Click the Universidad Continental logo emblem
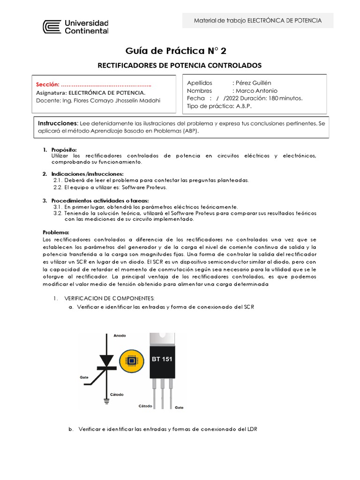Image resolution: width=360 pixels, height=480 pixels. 52,27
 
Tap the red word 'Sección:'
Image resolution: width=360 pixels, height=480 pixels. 48,85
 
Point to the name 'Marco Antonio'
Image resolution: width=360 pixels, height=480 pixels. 256,90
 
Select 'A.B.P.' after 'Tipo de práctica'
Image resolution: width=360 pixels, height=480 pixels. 244,106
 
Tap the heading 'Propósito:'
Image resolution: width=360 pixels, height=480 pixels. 63,150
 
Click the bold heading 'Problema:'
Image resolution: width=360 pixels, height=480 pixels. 56,232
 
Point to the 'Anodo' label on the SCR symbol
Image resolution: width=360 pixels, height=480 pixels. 120,336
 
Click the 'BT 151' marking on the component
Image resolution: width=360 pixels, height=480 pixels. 162,360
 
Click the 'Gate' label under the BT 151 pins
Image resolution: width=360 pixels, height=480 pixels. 179,408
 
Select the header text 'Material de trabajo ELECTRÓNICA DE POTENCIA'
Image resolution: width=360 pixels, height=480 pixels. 258,21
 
